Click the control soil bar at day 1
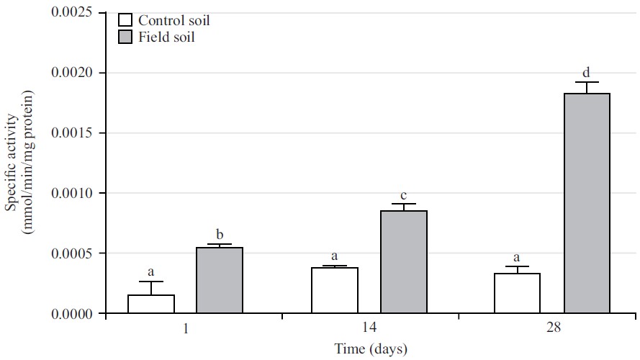(151, 304)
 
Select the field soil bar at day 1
(220, 281)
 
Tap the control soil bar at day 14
(335, 291)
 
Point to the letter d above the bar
(587, 72)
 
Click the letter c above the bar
(404, 195)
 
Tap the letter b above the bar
(220, 235)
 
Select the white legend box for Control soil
(125, 20)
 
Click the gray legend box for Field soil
(125, 37)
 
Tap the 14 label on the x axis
(369, 328)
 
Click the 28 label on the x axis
(553, 328)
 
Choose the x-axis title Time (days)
(370, 349)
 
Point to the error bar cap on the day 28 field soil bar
(587, 82)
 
